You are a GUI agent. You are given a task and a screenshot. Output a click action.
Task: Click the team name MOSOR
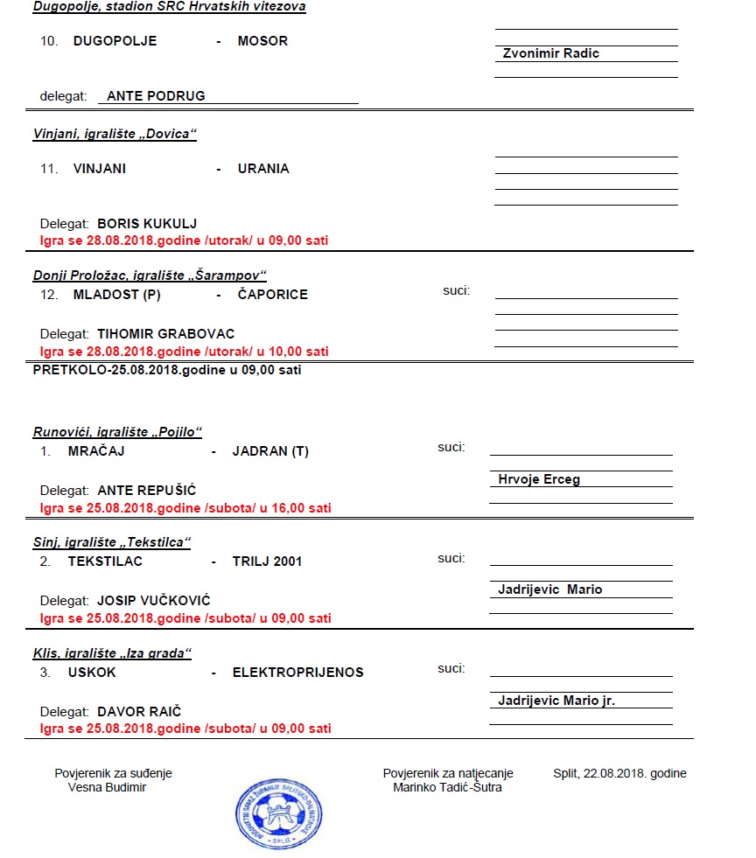262,41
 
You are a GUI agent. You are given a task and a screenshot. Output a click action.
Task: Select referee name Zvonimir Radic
550,53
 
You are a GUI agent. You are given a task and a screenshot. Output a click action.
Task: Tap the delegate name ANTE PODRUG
156,96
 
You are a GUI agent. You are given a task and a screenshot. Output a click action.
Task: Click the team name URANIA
263,169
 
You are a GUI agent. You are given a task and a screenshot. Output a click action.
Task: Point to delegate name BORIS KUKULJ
147,223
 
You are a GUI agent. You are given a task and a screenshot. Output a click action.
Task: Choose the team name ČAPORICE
272,295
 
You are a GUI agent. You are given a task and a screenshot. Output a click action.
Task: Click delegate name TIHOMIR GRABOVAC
165,334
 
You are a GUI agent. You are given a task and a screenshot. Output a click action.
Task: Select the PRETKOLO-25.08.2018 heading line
167,370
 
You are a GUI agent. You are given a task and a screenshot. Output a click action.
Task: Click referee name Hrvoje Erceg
539,479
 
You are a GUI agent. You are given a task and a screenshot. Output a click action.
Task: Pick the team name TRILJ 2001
267,562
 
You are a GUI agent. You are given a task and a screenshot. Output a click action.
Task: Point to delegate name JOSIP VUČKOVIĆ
154,601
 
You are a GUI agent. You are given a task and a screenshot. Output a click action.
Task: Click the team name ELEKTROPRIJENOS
297,673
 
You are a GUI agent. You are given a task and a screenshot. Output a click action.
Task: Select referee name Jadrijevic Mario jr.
556,701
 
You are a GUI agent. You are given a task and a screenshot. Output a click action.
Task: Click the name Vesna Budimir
107,787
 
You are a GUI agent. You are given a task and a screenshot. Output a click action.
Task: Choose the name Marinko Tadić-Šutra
448,787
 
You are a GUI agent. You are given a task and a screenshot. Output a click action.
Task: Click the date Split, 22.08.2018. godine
619,773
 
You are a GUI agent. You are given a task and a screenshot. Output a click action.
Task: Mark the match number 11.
48,169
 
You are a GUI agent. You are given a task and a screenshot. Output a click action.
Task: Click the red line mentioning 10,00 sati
185,352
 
